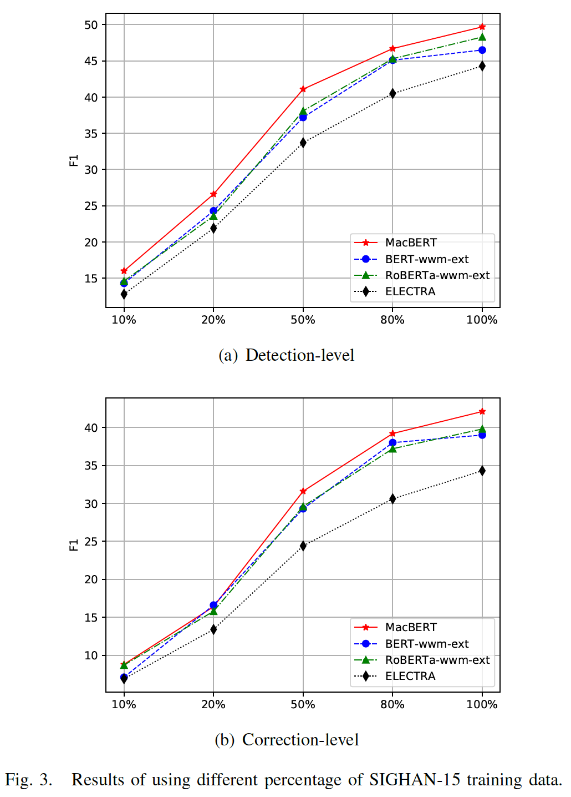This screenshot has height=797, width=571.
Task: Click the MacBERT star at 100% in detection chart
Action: coord(482,27)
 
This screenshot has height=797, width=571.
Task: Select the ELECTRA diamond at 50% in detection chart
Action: coord(303,143)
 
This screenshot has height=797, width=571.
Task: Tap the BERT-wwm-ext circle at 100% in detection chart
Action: coord(482,50)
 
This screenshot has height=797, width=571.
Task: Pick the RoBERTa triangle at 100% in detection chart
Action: coord(482,37)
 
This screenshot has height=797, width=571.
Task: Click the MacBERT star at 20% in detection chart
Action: coord(213,194)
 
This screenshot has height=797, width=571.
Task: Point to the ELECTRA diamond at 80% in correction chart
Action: coord(392,498)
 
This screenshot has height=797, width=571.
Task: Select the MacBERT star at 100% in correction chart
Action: coord(482,411)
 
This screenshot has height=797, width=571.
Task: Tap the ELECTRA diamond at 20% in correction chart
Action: coord(213,629)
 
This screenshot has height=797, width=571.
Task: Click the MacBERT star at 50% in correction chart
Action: coord(303,491)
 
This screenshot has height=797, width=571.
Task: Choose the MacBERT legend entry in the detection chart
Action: coord(411,243)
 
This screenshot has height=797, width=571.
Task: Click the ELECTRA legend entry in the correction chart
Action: coord(410,676)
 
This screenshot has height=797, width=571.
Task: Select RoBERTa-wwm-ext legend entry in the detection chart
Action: coord(437,275)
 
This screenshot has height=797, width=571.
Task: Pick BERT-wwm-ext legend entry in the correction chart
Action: coord(427,644)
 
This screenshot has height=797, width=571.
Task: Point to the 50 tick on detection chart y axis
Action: coord(91,25)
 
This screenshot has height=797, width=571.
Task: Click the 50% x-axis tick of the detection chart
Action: coord(303,320)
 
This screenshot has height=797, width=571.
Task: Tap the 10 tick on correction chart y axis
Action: coord(91,655)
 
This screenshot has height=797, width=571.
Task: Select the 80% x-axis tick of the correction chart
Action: coord(392,704)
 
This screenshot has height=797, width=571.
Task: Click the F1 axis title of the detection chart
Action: coord(74,160)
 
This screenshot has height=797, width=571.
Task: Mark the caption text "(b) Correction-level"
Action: coord(287,740)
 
